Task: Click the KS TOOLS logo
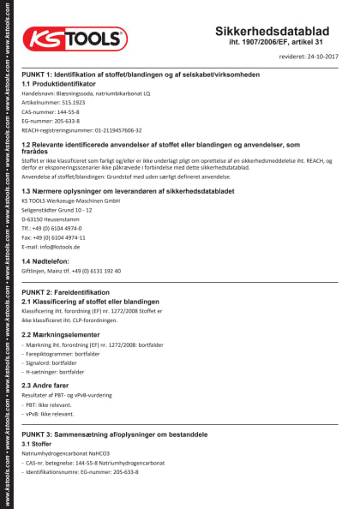coord(75,39)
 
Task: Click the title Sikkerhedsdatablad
coord(275,31)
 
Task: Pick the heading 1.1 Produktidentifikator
coord(60,84)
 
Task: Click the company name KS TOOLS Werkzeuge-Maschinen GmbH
coord(70,201)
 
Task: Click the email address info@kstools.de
coord(50,247)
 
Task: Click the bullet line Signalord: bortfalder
coord(55,362)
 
